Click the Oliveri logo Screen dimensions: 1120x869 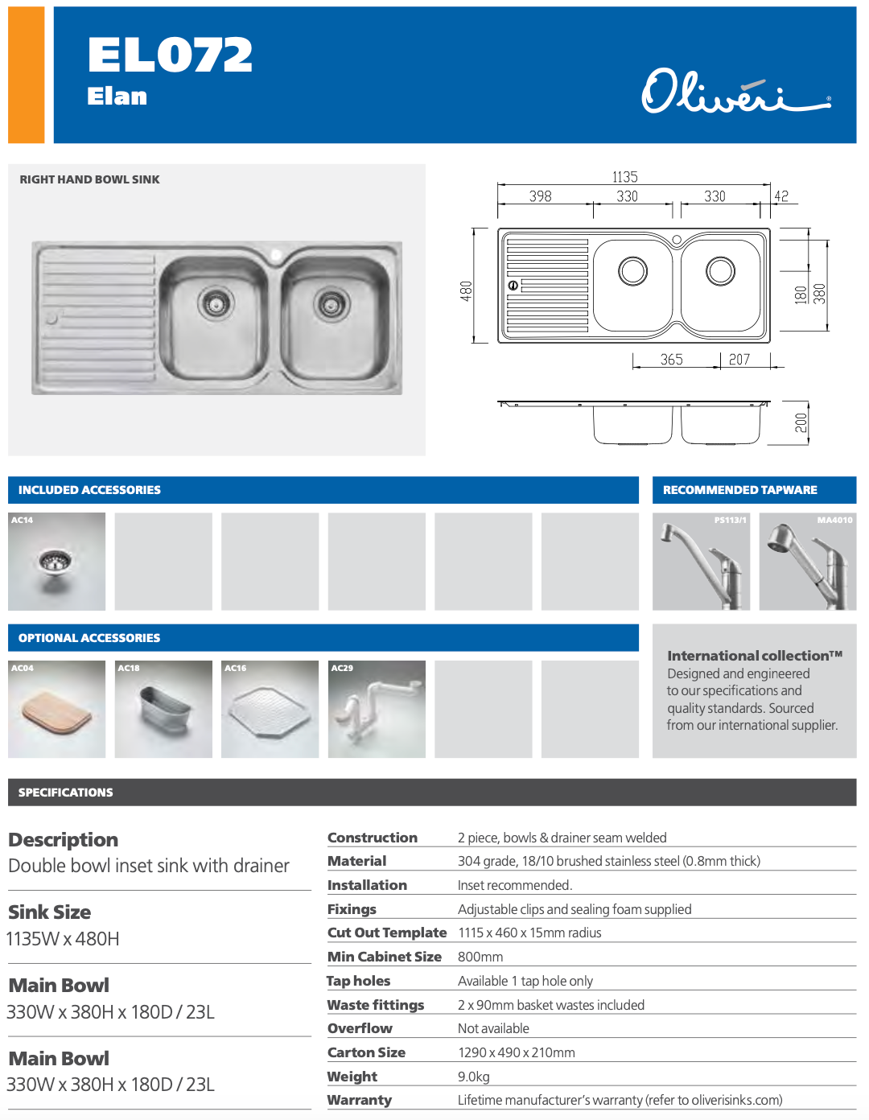point(735,92)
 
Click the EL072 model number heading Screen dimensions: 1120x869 point(170,56)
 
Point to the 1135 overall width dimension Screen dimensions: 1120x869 point(624,177)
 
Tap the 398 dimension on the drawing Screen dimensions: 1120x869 point(541,196)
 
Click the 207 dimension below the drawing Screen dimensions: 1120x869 point(739,360)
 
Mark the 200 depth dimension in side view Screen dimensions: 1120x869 point(801,422)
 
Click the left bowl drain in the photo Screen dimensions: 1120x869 point(215,303)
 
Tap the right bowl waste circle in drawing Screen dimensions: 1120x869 point(720,271)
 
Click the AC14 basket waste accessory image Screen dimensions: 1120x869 point(56,562)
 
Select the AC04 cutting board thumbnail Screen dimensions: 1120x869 point(56,709)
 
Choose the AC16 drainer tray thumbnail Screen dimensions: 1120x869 point(270,709)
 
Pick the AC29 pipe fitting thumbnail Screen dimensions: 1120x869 point(377,709)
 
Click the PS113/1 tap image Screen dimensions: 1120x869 point(701,562)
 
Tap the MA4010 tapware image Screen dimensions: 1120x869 point(807,562)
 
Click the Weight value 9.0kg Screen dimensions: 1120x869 point(474,1077)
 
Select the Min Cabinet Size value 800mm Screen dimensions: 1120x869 point(480,957)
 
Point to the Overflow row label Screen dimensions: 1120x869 point(360,1028)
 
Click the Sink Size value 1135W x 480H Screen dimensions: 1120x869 point(64,939)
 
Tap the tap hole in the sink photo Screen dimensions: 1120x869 point(276,256)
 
